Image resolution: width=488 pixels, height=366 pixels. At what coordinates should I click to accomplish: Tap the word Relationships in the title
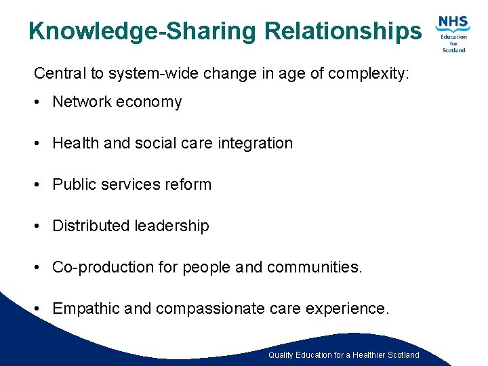point(342,31)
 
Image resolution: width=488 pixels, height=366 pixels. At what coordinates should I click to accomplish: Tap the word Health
point(75,144)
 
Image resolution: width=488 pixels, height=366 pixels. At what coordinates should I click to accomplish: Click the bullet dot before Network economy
point(39,102)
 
